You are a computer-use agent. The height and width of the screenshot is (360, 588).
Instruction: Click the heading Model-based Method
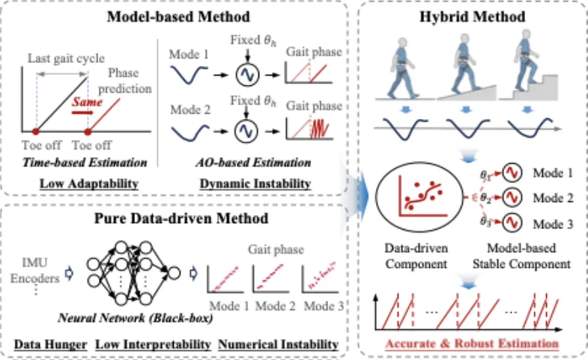click(x=178, y=17)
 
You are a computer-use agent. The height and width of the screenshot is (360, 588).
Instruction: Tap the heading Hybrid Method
click(x=472, y=17)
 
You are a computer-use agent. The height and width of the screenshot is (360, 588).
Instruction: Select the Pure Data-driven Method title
click(x=181, y=219)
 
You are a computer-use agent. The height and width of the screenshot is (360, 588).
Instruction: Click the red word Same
click(x=87, y=102)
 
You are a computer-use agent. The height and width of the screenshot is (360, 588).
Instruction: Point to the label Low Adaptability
click(x=89, y=183)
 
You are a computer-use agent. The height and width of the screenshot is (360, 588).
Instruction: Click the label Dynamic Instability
click(x=255, y=183)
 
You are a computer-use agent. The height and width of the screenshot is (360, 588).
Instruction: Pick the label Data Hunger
click(x=51, y=344)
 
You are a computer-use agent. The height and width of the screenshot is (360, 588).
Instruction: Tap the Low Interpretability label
click(x=153, y=344)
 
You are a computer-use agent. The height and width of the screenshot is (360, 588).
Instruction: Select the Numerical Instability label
click(x=278, y=344)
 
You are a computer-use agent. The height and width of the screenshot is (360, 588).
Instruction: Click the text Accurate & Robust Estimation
click(x=472, y=344)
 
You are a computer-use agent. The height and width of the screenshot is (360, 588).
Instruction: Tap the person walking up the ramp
click(x=464, y=64)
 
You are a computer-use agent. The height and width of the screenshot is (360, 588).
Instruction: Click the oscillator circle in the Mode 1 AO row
click(x=247, y=75)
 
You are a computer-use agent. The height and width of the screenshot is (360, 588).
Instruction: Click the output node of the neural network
click(x=174, y=272)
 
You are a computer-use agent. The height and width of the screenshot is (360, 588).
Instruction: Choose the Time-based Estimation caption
click(x=85, y=162)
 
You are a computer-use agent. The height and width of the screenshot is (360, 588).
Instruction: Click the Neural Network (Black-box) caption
click(x=136, y=318)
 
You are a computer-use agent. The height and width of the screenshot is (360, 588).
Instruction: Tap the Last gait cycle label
click(x=66, y=58)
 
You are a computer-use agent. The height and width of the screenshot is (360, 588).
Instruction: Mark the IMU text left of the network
click(x=35, y=263)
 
